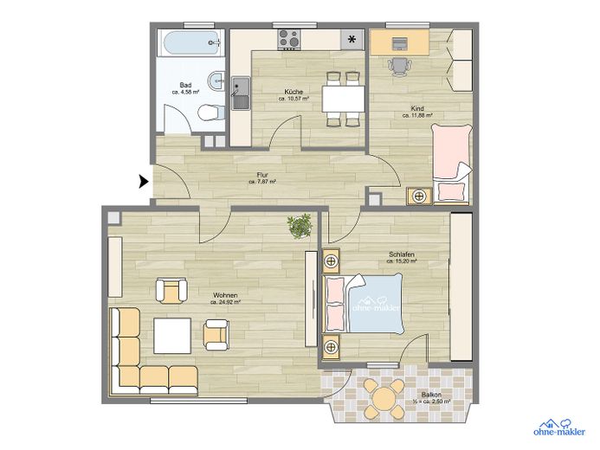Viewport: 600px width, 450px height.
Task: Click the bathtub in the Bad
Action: [191, 43]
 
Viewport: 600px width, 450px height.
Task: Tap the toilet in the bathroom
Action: [211, 112]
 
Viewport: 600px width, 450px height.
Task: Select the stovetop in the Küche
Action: [289, 39]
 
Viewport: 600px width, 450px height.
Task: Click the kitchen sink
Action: [241, 93]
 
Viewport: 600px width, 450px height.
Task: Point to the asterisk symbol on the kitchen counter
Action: [352, 39]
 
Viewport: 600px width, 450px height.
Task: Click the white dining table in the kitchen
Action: [343, 99]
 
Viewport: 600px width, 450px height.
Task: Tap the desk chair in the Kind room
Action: [399, 66]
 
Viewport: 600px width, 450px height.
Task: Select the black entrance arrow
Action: [144, 181]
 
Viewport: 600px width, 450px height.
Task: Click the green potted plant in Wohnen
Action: [300, 226]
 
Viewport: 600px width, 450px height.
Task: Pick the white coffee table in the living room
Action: [172, 336]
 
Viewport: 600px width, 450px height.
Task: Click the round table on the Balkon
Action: [384, 399]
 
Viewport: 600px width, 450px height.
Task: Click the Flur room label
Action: [262, 175]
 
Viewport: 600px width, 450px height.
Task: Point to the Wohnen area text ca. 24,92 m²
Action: [225, 302]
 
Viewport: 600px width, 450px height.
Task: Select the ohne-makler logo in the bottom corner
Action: [558, 427]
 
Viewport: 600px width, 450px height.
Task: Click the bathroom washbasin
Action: [216, 81]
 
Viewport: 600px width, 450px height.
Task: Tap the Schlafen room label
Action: [402, 254]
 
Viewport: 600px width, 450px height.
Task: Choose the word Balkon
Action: [431, 395]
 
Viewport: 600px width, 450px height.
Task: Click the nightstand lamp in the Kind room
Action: [419, 196]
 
